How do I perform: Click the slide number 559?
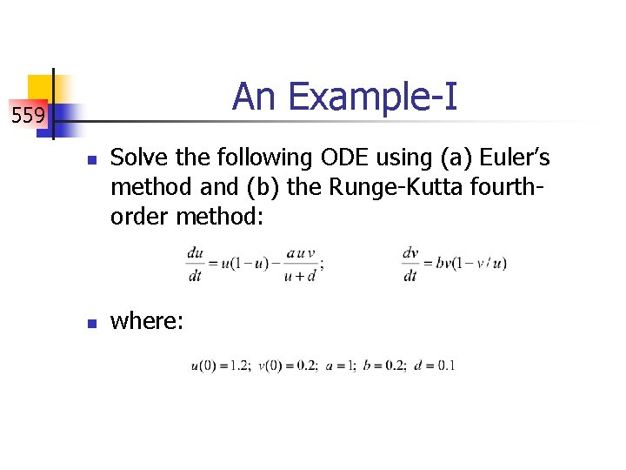(29, 114)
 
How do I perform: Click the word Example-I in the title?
(372, 97)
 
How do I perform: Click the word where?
(147, 321)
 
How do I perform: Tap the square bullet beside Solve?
(90, 160)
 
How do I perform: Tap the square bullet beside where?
(90, 323)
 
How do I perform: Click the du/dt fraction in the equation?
(195, 264)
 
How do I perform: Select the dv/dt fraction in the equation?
(410, 264)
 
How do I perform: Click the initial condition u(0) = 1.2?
(221, 366)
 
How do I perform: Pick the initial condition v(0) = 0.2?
(290, 366)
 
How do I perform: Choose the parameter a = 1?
(341, 366)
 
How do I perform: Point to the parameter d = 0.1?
(436, 366)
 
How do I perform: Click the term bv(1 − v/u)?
(473, 264)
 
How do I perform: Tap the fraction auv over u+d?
(301, 264)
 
